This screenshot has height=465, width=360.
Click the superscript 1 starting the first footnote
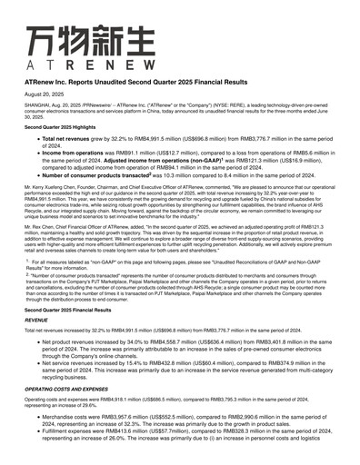[x=28, y=260]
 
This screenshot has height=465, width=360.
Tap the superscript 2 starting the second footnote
[x=28, y=273]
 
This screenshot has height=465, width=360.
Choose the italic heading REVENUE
[x=36, y=321]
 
